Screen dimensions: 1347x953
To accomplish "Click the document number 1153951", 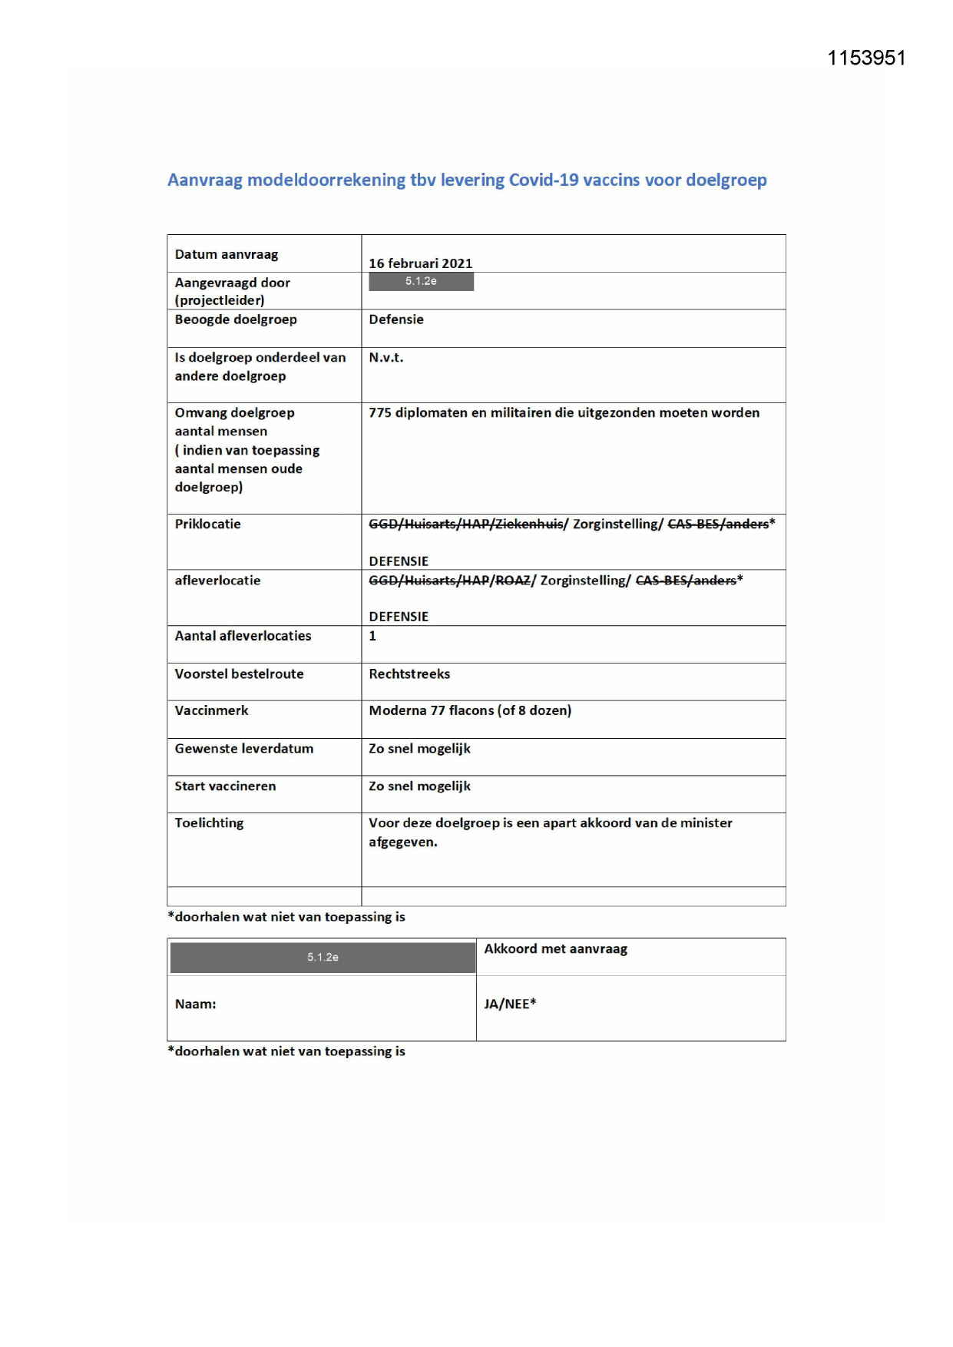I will point(866,58).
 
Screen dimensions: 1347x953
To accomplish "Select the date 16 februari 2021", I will point(420,263).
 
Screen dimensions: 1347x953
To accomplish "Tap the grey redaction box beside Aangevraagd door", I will point(421,282).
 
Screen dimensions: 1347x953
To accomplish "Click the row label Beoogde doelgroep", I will point(235,319).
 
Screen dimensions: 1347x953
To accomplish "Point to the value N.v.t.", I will point(386,358).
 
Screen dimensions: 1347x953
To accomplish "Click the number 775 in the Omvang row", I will point(379,413).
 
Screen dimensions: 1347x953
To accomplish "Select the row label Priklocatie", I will point(207,525).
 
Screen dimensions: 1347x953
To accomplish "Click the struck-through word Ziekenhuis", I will point(529,525).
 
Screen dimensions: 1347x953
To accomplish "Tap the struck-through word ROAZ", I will point(512,581).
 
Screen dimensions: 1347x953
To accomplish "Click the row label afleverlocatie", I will point(217,581).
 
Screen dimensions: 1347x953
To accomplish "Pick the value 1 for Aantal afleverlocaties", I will point(372,636).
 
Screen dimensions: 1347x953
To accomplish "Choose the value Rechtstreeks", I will point(409,674).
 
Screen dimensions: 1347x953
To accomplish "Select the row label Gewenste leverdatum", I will point(243,749).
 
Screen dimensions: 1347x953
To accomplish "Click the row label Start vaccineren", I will point(225,786).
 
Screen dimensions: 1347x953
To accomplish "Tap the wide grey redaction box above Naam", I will point(323,958).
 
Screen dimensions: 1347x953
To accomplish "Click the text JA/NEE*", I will point(510,1004).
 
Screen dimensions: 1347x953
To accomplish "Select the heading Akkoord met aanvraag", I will point(555,949).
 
